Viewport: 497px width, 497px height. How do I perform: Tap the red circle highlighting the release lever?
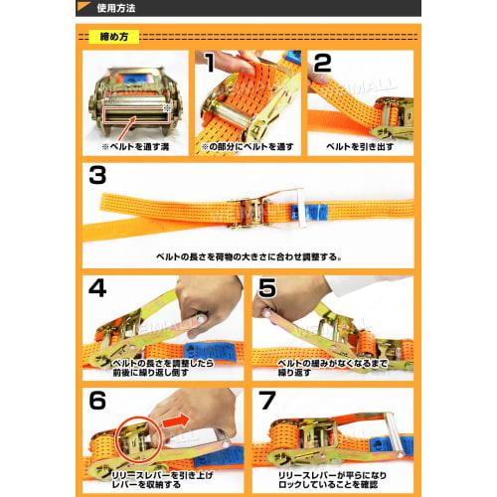[139, 442]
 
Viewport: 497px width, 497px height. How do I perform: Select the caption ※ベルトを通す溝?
[137, 144]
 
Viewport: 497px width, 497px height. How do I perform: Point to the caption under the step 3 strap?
[248, 255]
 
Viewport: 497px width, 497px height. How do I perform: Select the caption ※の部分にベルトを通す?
[246, 144]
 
